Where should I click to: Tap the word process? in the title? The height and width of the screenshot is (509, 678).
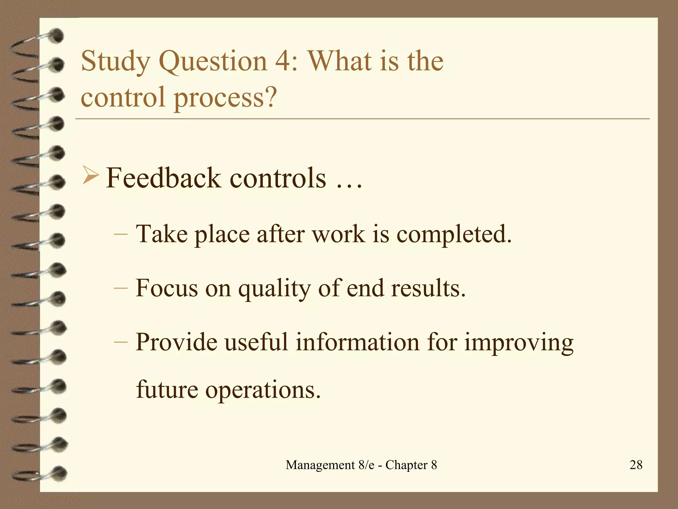pyautogui.click(x=225, y=98)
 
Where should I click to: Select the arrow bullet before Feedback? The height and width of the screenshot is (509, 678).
pyautogui.click(x=90, y=176)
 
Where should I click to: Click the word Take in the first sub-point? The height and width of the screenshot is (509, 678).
pyautogui.click(x=162, y=234)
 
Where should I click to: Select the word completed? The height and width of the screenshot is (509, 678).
pyautogui.click(x=454, y=235)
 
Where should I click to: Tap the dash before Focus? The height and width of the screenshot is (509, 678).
pyautogui.click(x=121, y=288)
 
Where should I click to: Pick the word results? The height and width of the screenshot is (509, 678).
pyautogui.click(x=428, y=288)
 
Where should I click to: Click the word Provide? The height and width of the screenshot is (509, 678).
pyautogui.click(x=176, y=342)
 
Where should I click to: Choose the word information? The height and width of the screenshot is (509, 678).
pyautogui.click(x=358, y=342)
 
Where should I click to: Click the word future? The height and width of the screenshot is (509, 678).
pyautogui.click(x=167, y=389)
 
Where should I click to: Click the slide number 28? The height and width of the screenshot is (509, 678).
pyautogui.click(x=636, y=465)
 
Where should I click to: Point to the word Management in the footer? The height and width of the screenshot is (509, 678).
pyautogui.click(x=320, y=465)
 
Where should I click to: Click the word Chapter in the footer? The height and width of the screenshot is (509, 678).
pyautogui.click(x=407, y=465)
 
